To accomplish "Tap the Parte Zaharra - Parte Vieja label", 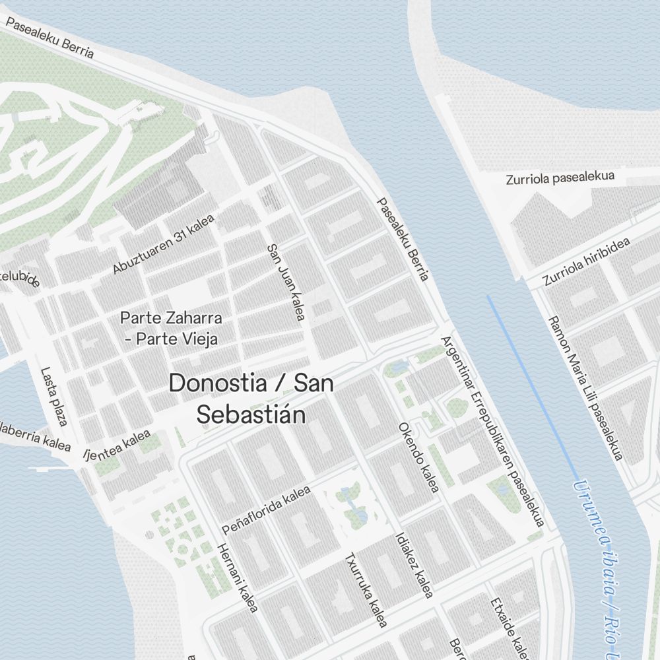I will click(x=171, y=328).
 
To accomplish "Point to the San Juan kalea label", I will click(x=285, y=282).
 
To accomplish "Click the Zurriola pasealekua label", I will click(x=560, y=178).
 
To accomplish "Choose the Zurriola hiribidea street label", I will click(x=586, y=262).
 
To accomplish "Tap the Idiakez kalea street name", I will click(x=412, y=566).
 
